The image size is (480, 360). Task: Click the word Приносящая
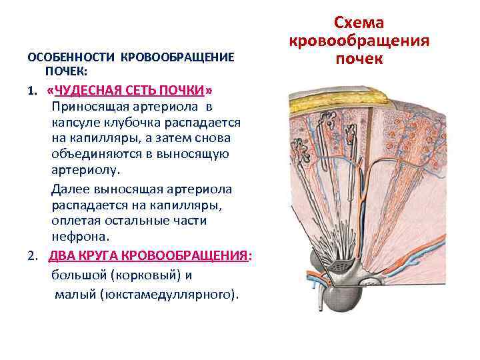click(x=89, y=107)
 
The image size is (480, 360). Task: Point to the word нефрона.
click(x=79, y=236)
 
